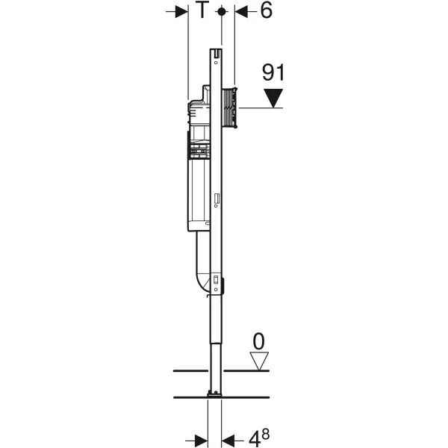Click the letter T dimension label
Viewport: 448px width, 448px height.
click(202, 10)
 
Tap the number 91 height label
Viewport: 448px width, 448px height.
click(273, 72)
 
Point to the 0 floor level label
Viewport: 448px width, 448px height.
click(259, 341)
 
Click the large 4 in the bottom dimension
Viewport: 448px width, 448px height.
click(255, 440)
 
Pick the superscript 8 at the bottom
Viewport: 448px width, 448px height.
click(265, 435)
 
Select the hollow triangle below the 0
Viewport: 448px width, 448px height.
click(259, 361)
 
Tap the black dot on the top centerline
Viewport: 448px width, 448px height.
click(222, 12)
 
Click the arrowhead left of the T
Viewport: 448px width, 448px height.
click(181, 12)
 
